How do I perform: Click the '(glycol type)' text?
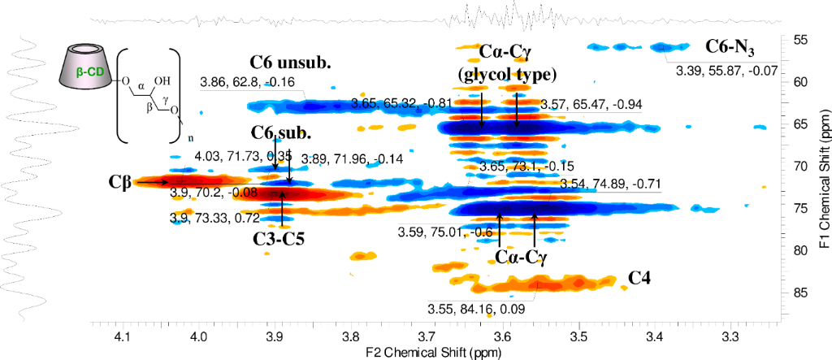[505, 76]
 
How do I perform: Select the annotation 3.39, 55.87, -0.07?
[726, 71]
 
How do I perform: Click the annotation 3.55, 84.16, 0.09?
[476, 309]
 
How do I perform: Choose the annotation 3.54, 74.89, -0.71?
[606, 185]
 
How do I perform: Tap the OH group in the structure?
[163, 81]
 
